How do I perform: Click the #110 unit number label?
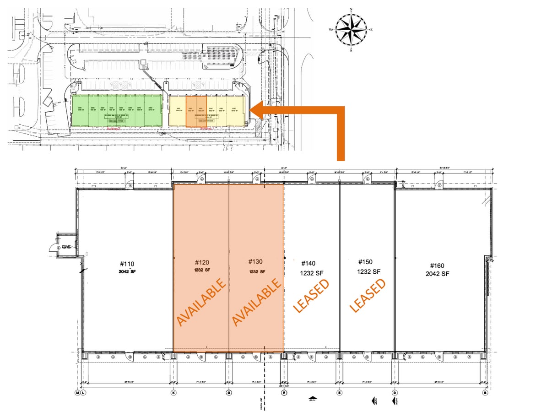[x=127, y=264]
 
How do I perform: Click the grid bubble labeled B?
[x=486, y=392]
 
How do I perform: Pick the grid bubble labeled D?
[x=395, y=392]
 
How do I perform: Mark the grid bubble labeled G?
[x=228, y=392]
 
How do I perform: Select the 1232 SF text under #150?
[x=369, y=271]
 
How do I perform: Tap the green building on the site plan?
[x=117, y=111]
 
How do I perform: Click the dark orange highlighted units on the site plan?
[x=196, y=111]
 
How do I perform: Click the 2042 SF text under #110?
[x=127, y=271]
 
